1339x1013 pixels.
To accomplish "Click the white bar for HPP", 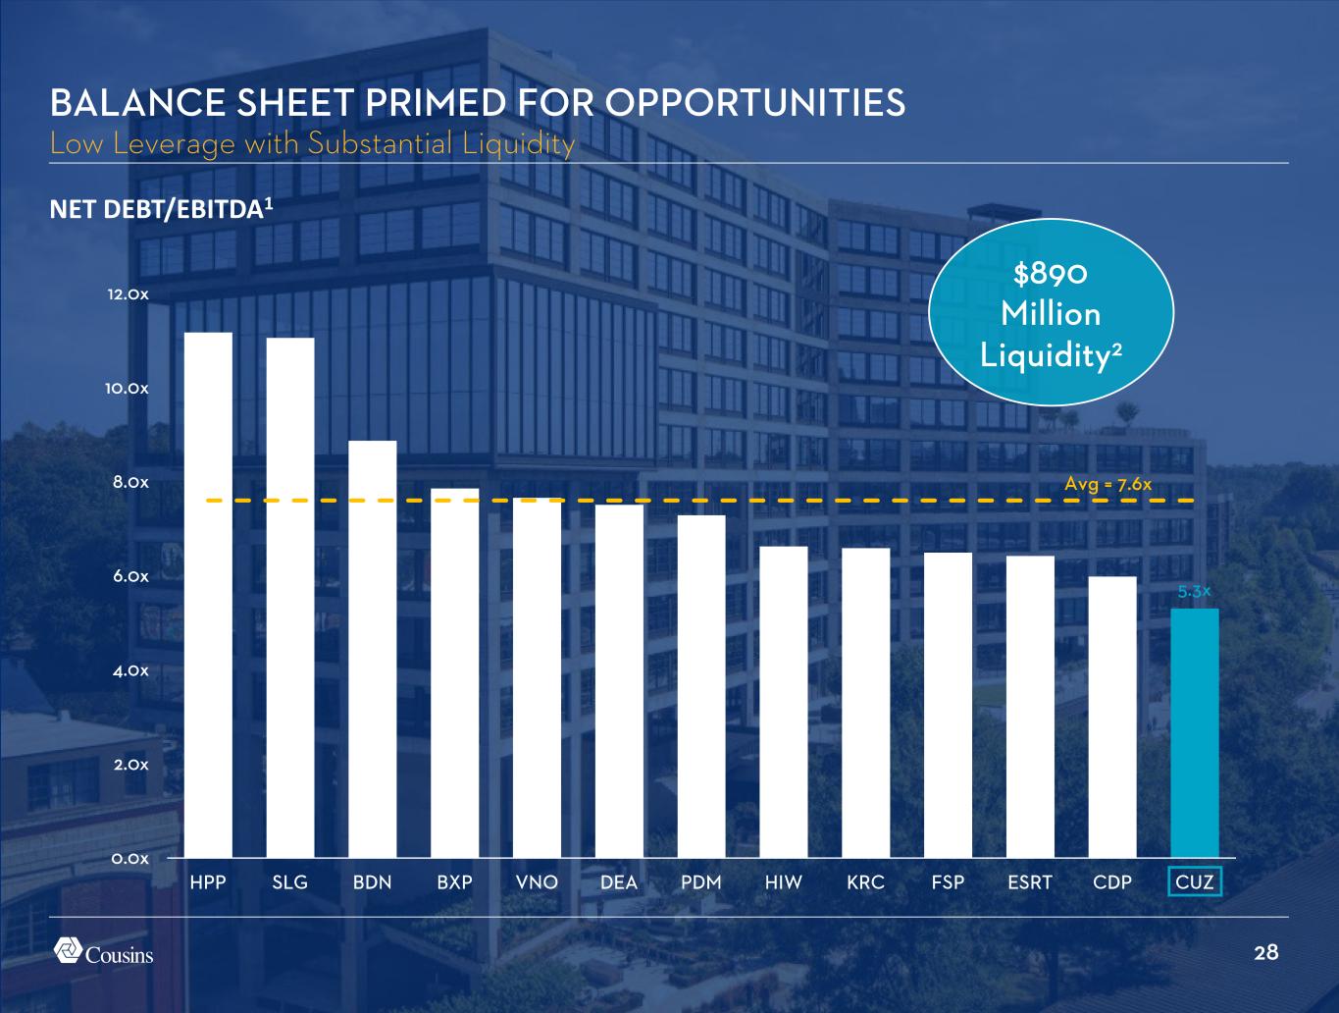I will [x=208, y=595].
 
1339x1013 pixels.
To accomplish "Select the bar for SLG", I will [x=290, y=598].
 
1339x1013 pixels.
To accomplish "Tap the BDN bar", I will [x=373, y=649].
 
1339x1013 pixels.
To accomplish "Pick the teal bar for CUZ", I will [x=1195, y=733].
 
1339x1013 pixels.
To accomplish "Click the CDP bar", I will [x=1112, y=717].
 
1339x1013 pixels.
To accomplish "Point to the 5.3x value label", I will [x=1195, y=592].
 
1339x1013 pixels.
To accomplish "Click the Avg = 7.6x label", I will [x=1107, y=484].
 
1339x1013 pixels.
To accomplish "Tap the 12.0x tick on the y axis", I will [x=129, y=295].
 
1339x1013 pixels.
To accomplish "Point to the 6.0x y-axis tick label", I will [x=129, y=576].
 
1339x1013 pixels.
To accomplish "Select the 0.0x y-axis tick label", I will [x=129, y=859].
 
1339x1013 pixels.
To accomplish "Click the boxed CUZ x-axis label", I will [x=1195, y=882].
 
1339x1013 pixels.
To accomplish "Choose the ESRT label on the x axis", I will [x=1030, y=882].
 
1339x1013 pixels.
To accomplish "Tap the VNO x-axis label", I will [x=537, y=882].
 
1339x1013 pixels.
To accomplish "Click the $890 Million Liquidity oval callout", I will [x=1051, y=314].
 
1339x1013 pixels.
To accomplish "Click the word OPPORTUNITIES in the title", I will [x=754, y=103].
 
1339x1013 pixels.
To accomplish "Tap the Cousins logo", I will [x=103, y=952].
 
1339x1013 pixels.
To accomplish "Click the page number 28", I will [x=1266, y=952].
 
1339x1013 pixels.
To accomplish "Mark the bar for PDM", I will [x=701, y=686].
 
